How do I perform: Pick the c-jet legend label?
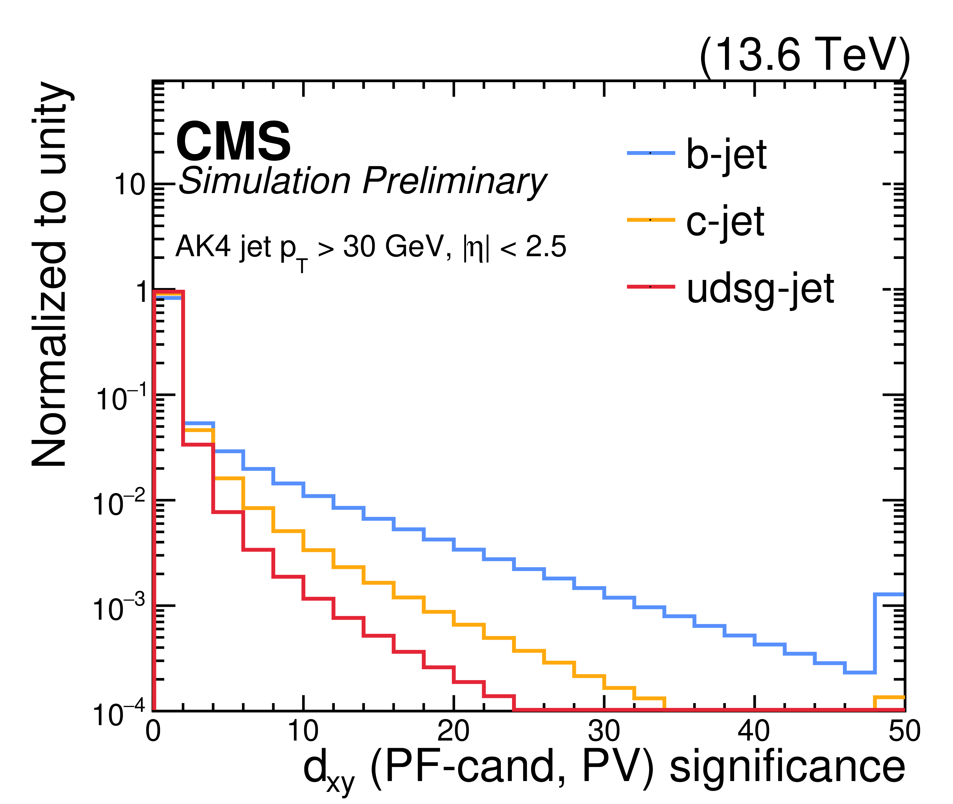725,221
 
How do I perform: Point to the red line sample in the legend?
651,287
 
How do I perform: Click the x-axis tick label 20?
453,731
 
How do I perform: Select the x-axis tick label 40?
754,731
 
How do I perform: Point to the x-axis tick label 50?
905,731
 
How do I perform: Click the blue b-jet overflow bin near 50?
889,594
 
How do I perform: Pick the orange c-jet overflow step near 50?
889,697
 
